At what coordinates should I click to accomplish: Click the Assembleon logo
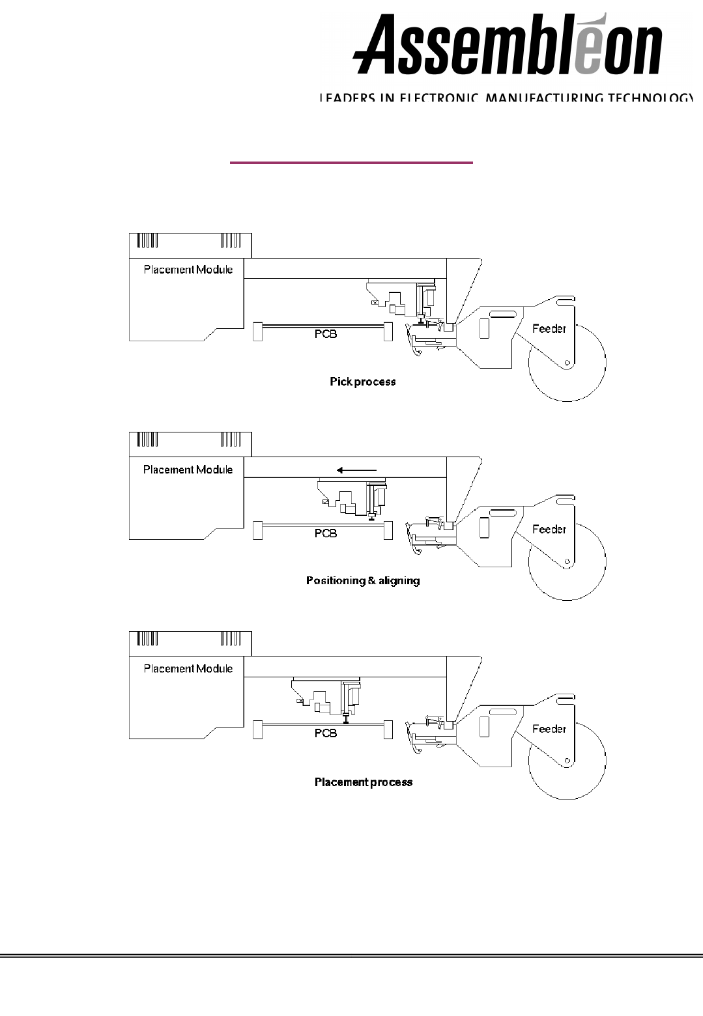pyautogui.click(x=508, y=44)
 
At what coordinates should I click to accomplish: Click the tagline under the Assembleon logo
pyautogui.click(x=505, y=98)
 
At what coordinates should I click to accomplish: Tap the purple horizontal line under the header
pyautogui.click(x=351, y=163)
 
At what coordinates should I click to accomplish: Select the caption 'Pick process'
pyautogui.click(x=362, y=382)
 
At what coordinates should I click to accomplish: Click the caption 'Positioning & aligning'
pyautogui.click(x=363, y=580)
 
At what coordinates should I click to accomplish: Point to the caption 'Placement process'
pyautogui.click(x=364, y=782)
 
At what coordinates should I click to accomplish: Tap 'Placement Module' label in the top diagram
pyautogui.click(x=188, y=270)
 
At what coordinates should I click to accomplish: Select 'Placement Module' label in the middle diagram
pyautogui.click(x=188, y=470)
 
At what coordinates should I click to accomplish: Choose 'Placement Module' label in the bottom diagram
pyautogui.click(x=188, y=668)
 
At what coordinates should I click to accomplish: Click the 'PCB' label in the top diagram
pyautogui.click(x=325, y=334)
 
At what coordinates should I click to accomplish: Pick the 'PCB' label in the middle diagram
pyautogui.click(x=325, y=533)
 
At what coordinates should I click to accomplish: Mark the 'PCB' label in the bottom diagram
pyautogui.click(x=325, y=733)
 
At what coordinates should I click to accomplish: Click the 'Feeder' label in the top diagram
pyautogui.click(x=549, y=328)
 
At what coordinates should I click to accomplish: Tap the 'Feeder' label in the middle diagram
pyautogui.click(x=549, y=529)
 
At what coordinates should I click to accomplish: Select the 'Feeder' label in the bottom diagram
pyautogui.click(x=549, y=728)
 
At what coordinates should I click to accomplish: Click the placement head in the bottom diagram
pyautogui.click(x=326, y=699)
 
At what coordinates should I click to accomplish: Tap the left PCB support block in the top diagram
pyautogui.click(x=257, y=332)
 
